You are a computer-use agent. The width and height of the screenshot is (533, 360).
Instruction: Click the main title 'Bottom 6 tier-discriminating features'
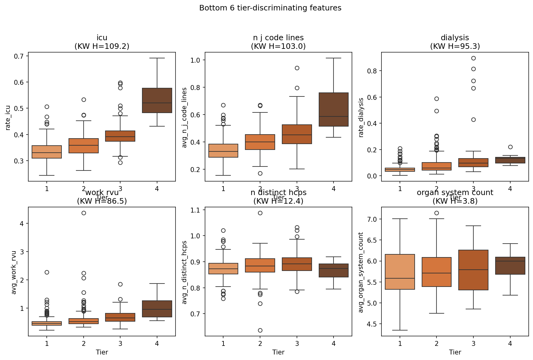270,8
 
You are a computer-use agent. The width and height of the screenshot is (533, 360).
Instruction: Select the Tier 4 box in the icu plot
157,100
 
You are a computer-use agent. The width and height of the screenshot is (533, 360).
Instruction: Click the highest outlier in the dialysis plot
473,58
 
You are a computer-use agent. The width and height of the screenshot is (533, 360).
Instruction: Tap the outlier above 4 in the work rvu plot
84,213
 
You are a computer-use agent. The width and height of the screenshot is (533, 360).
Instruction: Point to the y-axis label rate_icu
8,118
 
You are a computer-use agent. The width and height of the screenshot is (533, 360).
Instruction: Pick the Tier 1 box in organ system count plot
400,272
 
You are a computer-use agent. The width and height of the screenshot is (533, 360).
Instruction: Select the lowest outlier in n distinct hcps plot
260,330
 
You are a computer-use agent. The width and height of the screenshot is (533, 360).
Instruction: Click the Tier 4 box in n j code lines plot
334,109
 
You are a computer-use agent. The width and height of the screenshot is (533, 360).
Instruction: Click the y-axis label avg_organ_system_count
361,272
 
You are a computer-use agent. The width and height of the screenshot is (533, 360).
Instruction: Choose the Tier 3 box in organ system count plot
473,270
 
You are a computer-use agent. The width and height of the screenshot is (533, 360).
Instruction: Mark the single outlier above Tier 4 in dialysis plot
510,147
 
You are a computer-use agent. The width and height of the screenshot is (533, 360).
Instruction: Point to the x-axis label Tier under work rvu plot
102,352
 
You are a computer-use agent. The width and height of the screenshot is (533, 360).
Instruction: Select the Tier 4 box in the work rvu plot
157,309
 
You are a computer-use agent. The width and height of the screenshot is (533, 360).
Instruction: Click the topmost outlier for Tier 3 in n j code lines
297,68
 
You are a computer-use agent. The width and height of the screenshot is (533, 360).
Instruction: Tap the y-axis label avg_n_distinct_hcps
184,272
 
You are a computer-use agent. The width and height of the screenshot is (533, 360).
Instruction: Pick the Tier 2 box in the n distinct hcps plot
260,265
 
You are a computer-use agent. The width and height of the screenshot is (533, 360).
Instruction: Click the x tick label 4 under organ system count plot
510,343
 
